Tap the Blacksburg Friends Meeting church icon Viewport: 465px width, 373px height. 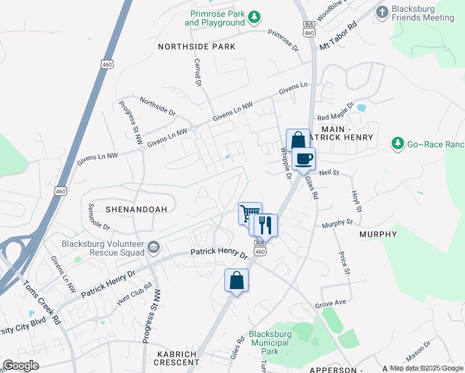point(382,11)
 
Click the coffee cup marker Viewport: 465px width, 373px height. point(303,159)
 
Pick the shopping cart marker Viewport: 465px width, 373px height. point(249,213)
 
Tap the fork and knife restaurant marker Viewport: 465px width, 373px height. point(265,225)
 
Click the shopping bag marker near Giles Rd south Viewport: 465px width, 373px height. point(236,280)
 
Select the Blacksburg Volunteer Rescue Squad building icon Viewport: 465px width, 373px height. point(153,249)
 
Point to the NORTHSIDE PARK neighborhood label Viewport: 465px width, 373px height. point(196,47)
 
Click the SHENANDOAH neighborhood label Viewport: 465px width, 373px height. point(136,210)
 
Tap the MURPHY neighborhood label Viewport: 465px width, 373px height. point(378,234)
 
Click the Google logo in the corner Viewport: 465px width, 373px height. point(21,366)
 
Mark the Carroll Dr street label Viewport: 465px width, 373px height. point(198,72)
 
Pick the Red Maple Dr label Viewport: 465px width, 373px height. point(335,112)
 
